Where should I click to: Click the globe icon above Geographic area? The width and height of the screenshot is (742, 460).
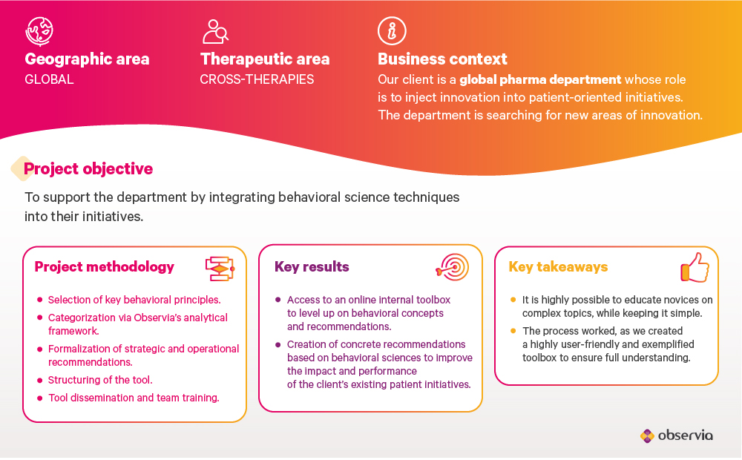coord(39,31)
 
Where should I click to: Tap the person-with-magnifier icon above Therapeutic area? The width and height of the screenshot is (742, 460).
coord(215,32)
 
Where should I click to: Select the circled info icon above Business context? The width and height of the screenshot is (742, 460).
coord(392,31)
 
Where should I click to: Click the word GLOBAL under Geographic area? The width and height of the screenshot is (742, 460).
coord(49,79)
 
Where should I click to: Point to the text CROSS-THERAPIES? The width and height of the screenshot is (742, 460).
coord(257,79)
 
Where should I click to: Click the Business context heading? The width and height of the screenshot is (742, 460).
coord(442,59)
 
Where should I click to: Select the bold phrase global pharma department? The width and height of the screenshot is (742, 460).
coord(540,79)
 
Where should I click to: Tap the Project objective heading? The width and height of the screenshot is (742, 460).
coord(88,169)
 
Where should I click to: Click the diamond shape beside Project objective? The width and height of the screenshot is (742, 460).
coord(22,169)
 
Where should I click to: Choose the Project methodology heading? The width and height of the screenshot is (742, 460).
coord(104,267)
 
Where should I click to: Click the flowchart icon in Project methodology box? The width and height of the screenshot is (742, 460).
coord(220,269)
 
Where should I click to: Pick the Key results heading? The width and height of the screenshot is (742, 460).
coord(312,267)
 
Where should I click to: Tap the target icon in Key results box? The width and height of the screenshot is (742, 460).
coord(453,267)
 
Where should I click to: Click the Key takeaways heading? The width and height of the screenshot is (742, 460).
coord(558,267)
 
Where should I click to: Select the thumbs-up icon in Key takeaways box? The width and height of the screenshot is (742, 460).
coord(695,267)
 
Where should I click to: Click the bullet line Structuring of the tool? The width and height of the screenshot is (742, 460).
coord(100,380)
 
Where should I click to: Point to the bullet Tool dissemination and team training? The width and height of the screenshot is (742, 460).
coord(134,398)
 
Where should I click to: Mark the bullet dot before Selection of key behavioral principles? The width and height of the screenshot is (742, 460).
coord(40,300)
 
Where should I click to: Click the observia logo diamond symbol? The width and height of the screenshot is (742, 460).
coord(647,436)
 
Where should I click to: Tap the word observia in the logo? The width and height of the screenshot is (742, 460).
coord(685,436)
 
